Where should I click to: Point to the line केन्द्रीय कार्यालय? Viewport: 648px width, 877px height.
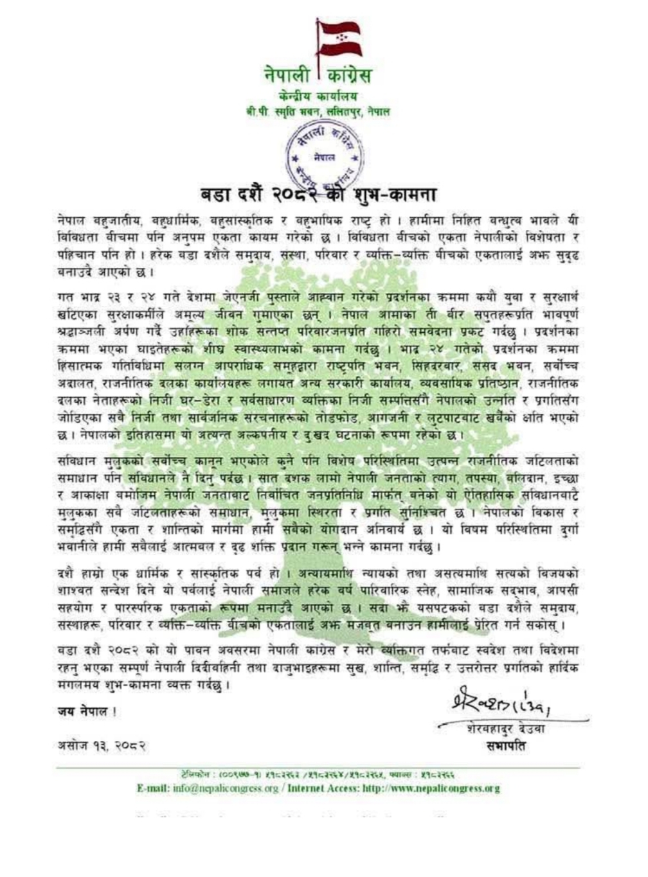[319, 96]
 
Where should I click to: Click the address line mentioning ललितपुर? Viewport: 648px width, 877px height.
[318, 112]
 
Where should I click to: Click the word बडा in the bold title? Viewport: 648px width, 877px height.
[215, 193]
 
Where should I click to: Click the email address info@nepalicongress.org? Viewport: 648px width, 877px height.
[226, 788]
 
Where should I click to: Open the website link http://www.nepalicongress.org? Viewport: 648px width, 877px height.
[431, 788]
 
